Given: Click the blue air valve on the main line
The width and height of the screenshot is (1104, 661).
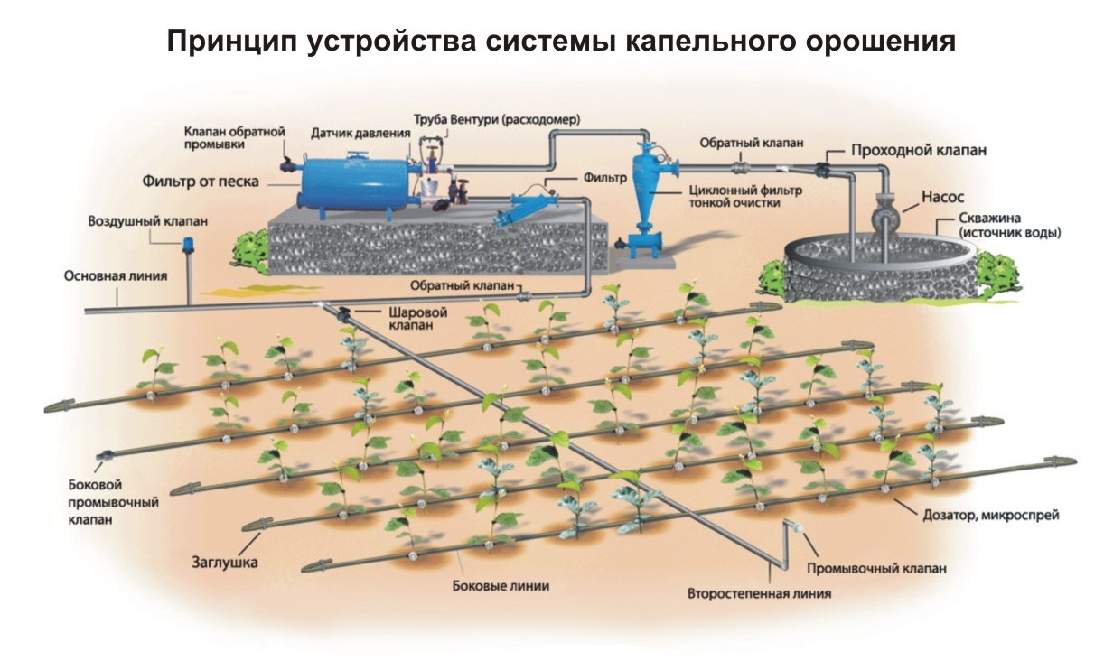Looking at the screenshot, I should click(x=190, y=245).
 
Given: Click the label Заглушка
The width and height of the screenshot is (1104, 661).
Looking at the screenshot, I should click(x=224, y=563).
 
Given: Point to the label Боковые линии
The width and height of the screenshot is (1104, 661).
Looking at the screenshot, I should click(x=501, y=585).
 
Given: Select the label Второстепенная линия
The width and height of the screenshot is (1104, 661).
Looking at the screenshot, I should click(x=759, y=594).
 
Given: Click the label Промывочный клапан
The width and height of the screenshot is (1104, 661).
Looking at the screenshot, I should click(x=877, y=569).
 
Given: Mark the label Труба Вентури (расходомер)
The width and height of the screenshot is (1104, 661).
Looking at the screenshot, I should click(x=496, y=119).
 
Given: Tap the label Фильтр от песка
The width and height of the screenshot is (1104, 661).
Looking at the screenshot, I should click(x=201, y=182).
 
